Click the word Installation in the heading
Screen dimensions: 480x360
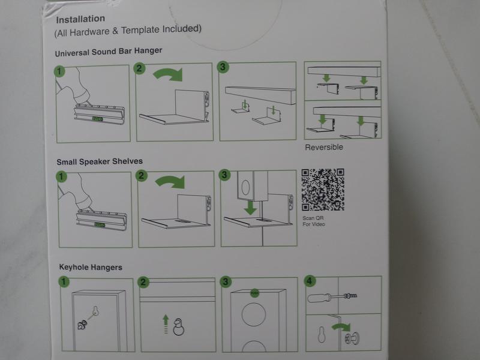(80, 19)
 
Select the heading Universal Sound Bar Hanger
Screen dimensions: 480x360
(109, 52)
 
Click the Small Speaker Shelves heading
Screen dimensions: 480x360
(100, 161)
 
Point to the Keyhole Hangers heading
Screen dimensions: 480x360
(91, 267)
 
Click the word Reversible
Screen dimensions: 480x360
(324, 147)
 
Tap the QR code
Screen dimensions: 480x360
(323, 190)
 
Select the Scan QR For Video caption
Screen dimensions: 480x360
(313, 221)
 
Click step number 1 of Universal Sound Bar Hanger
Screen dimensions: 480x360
(59, 71)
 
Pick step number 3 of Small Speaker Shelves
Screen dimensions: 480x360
(224, 175)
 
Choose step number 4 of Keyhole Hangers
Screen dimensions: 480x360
(310, 281)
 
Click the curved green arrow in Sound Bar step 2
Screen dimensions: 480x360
(169, 74)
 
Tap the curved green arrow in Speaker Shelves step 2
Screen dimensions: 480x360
(170, 182)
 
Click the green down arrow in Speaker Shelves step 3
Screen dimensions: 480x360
(250, 208)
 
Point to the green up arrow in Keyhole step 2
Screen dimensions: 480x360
(166, 324)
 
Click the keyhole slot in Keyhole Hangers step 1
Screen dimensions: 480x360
(95, 311)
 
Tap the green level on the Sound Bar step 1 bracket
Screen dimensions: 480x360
(98, 119)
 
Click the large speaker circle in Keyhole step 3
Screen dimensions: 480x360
(253, 314)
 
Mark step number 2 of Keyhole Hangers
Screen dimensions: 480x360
(143, 282)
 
